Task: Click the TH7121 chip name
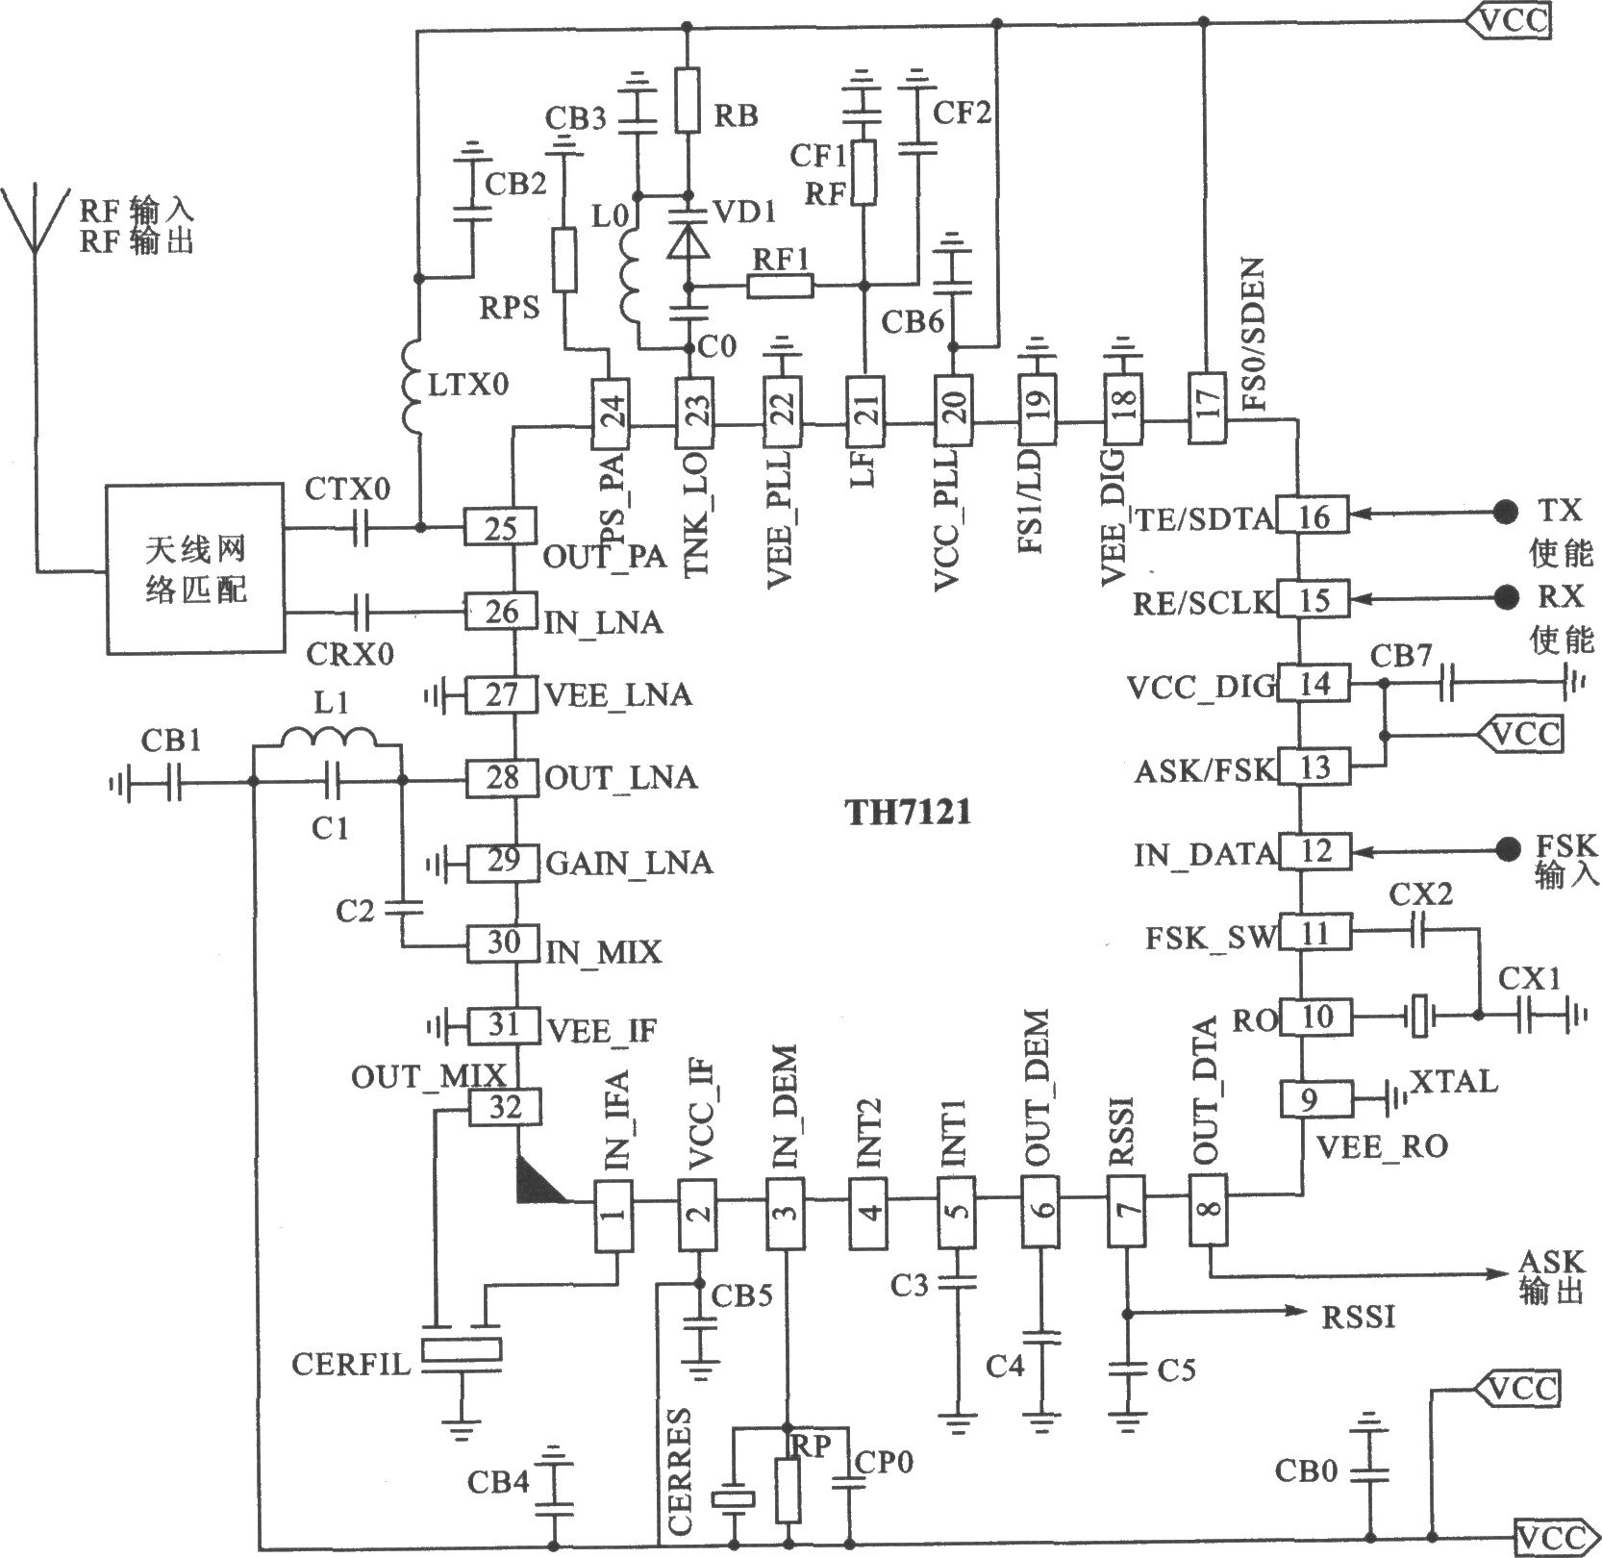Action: tap(908, 814)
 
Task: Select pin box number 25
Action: tap(501, 528)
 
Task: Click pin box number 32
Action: tap(504, 1108)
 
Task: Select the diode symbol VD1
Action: tap(688, 240)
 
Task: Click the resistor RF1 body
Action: tap(780, 286)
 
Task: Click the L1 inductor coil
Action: tap(329, 741)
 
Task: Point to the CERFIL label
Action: tap(351, 1364)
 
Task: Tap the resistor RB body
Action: tap(688, 99)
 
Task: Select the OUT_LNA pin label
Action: tap(620, 777)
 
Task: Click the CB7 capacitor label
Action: tap(1401, 656)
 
